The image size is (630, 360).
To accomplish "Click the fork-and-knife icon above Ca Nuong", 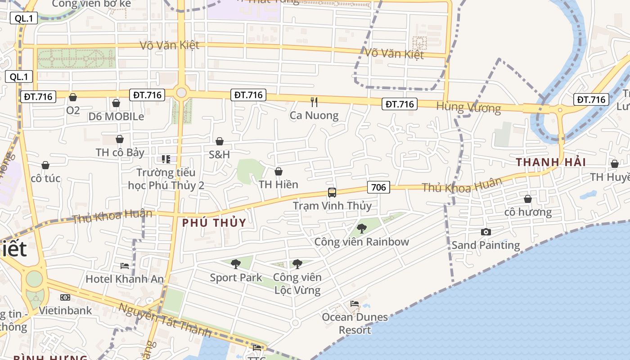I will pyautogui.click(x=314, y=102).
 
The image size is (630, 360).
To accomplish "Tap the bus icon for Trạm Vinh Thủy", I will pyautogui.click(x=332, y=193).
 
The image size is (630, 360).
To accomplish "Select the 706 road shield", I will pyautogui.click(x=378, y=187).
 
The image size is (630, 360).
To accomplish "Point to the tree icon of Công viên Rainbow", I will pyautogui.click(x=361, y=228).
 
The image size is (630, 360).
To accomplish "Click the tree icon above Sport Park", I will pyautogui.click(x=236, y=264).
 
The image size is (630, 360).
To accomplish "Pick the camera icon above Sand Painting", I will pyautogui.click(x=486, y=232).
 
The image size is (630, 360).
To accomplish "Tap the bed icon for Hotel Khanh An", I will pyautogui.click(x=125, y=266).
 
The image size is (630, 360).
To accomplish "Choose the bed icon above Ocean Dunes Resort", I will pyautogui.click(x=355, y=304).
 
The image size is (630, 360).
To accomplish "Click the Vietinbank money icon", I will pyautogui.click(x=65, y=297).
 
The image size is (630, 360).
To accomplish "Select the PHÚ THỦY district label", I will pyautogui.click(x=214, y=223).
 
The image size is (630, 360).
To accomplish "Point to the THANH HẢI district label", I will pyautogui.click(x=551, y=162).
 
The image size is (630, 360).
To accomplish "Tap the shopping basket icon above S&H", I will pyautogui.click(x=220, y=141).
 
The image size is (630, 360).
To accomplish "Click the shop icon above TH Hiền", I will pyautogui.click(x=279, y=171).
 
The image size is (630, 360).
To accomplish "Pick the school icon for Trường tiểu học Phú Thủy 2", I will pyautogui.click(x=166, y=159).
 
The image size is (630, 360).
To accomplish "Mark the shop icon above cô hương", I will pyautogui.click(x=528, y=199).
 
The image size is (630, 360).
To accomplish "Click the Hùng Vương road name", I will pyautogui.click(x=468, y=108).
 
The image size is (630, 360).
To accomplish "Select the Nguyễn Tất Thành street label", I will pyautogui.click(x=165, y=320).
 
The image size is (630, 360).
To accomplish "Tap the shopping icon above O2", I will pyautogui.click(x=73, y=97).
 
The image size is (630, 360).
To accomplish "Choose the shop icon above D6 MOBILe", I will pyautogui.click(x=116, y=103).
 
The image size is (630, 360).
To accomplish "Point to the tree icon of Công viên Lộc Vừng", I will pyautogui.click(x=297, y=264).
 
